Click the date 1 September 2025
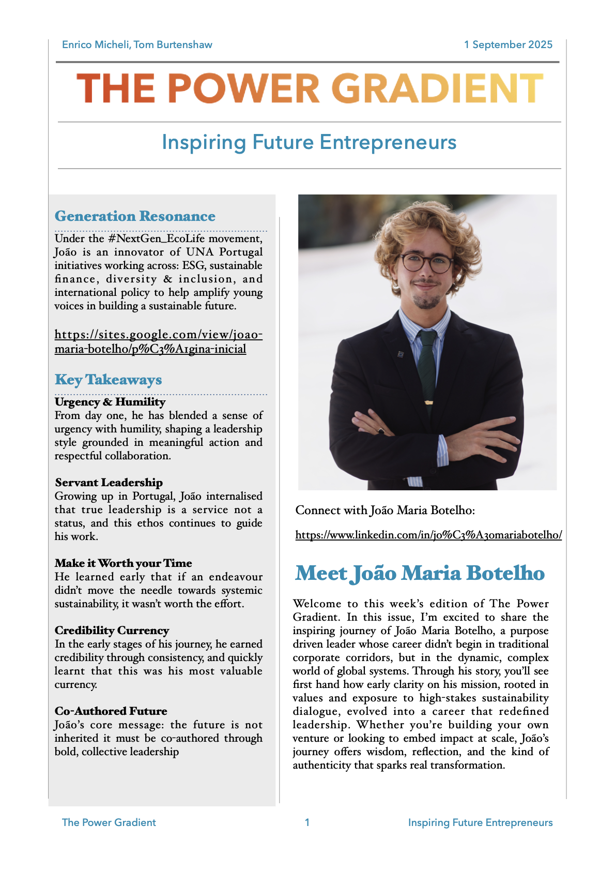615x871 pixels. pyautogui.click(x=508, y=44)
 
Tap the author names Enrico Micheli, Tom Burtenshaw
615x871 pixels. pyautogui.click(x=137, y=44)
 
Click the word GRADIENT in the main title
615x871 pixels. pyautogui.click(x=437, y=88)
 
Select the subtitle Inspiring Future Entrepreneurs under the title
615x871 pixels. pyautogui.click(x=309, y=142)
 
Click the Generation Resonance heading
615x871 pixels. pyautogui.click(x=135, y=216)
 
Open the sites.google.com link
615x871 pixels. pyautogui.click(x=158, y=341)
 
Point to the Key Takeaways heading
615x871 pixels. pyautogui.click(x=108, y=380)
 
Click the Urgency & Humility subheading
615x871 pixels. pyautogui.click(x=110, y=402)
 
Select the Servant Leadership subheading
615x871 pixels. pyautogui.click(x=109, y=483)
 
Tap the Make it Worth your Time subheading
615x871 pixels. pyautogui.click(x=123, y=563)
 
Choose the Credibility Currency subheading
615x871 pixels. pyautogui.click(x=112, y=630)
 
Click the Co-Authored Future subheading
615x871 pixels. pyautogui.click(x=111, y=711)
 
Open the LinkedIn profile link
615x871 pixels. pyautogui.click(x=428, y=535)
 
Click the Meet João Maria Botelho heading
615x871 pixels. pyautogui.click(x=420, y=573)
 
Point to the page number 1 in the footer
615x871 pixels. pyautogui.click(x=307, y=822)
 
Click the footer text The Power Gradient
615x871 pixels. pyautogui.click(x=109, y=822)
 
